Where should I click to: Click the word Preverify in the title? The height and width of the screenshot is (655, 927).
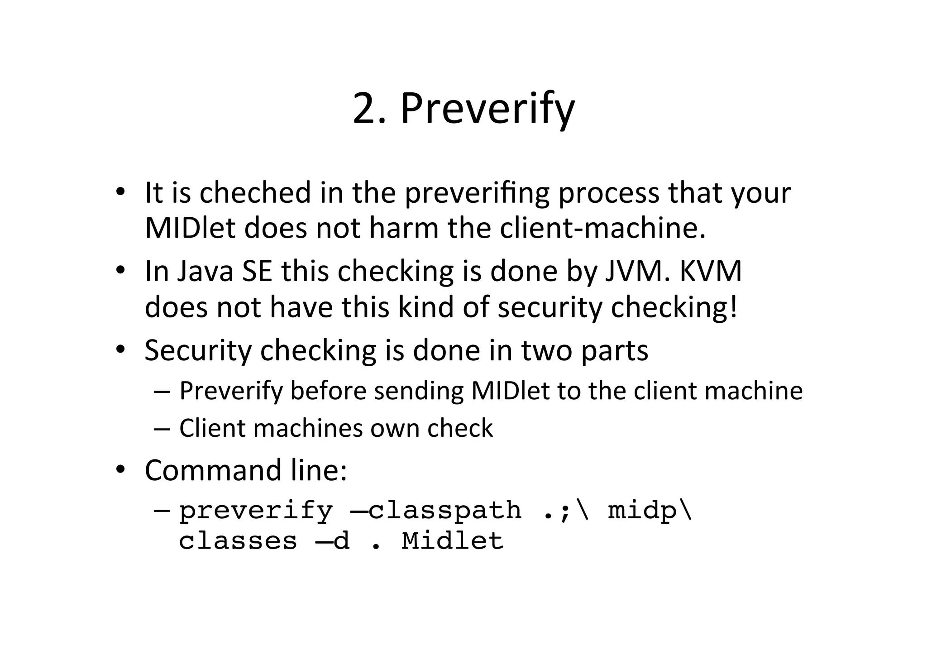487,109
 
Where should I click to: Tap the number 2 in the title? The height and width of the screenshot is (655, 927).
366,109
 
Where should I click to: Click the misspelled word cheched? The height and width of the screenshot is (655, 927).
255,192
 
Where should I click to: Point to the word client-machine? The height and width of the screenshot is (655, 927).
602,228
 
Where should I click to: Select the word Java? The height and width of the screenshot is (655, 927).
205,271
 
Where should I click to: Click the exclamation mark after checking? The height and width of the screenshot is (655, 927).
733,307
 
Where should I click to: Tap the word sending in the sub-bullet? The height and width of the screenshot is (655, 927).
419,391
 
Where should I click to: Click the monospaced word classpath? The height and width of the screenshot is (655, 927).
444,511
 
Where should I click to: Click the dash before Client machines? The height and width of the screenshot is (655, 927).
162,428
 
